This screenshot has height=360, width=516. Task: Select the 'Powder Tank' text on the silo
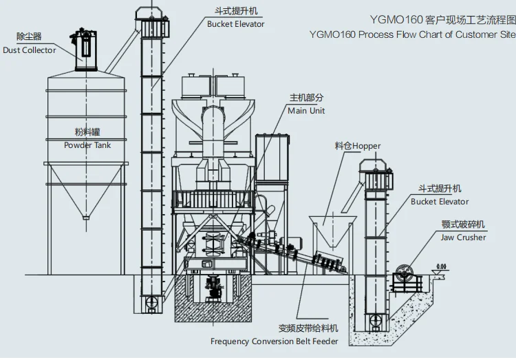87,145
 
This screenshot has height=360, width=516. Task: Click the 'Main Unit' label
306,111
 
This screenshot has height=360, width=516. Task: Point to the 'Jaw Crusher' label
463,237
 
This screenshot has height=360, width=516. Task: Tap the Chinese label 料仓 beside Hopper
343,146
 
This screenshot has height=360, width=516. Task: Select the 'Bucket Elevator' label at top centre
235,24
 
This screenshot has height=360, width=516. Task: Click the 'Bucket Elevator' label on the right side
440,202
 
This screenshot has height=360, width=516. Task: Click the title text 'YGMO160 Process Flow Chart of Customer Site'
411,34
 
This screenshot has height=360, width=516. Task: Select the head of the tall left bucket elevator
151,21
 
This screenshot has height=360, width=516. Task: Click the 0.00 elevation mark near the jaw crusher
441,266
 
